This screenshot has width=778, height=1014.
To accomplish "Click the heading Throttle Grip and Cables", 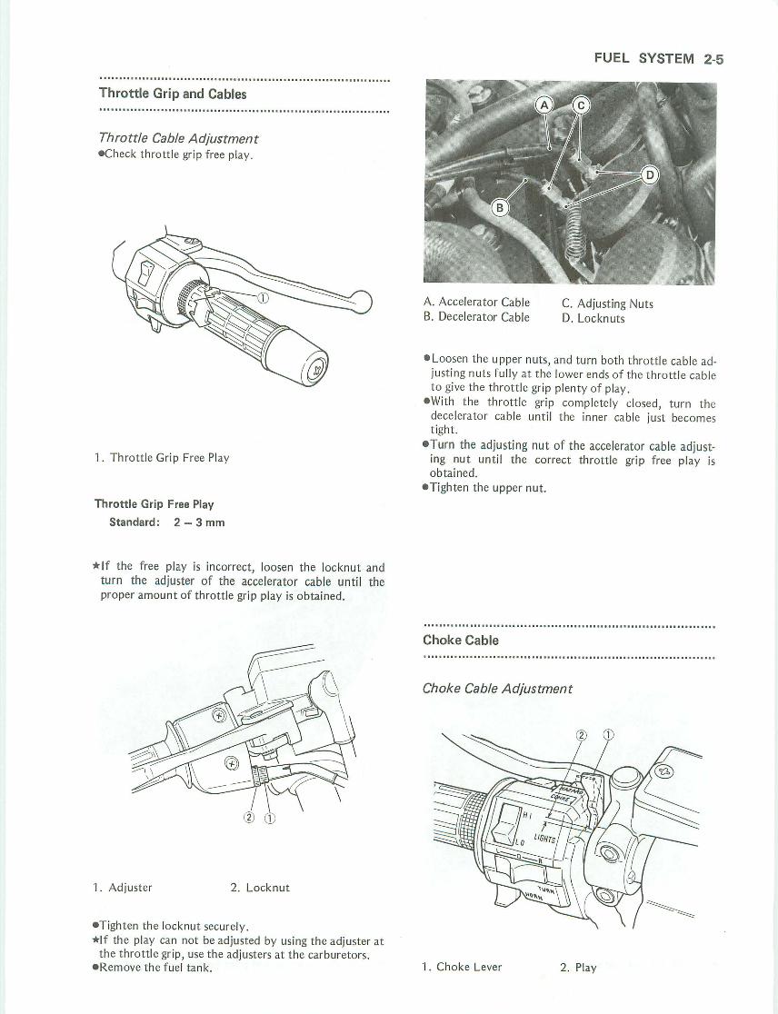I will tap(173, 94).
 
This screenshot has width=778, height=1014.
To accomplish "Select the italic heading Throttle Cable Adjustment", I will tap(178, 138).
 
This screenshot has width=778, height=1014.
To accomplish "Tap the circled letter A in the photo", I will tap(545, 105).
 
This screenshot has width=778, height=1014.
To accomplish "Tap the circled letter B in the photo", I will tap(499, 208).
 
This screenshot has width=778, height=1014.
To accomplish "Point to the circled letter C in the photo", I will tap(579, 105).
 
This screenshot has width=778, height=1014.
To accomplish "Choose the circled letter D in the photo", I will tap(650, 175).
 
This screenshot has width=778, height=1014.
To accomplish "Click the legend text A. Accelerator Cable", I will tap(476, 303).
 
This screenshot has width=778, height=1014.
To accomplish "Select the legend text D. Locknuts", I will tap(593, 318).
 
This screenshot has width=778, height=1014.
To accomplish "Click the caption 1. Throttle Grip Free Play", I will tap(162, 458).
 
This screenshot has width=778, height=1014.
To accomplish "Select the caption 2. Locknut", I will tap(259, 887).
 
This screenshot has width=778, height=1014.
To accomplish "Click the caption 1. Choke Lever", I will tap(462, 967).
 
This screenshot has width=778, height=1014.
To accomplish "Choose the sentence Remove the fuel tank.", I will tap(155, 968).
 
